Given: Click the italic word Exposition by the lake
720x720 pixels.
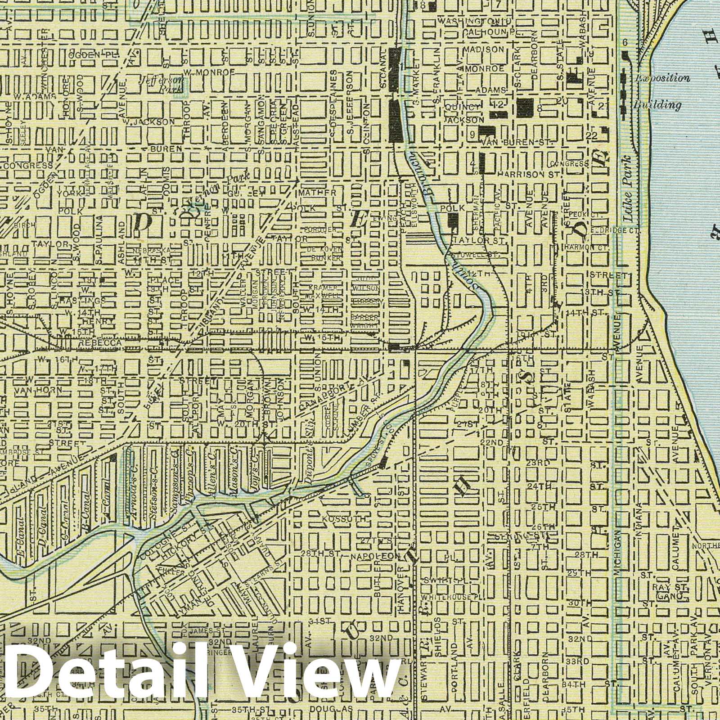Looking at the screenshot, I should point(662,78).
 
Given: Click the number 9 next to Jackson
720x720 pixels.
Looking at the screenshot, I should point(472,134).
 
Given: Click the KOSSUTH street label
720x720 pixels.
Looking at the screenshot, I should point(337,519).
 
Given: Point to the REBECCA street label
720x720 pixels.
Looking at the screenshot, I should point(94,343).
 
